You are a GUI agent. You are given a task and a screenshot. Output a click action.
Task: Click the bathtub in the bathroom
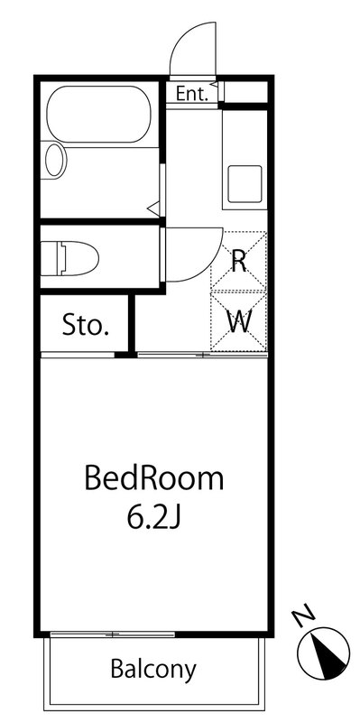[x=98, y=114]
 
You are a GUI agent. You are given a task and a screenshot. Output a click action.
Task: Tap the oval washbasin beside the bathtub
[x=55, y=160]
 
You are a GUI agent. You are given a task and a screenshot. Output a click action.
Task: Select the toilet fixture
[x=69, y=258]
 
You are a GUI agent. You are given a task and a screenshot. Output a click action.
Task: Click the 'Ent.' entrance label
[x=192, y=95]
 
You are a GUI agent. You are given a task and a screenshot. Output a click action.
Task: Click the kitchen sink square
[x=245, y=184]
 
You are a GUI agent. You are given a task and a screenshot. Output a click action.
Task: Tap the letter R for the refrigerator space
[x=238, y=263]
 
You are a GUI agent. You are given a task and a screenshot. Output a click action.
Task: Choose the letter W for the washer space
[x=239, y=322]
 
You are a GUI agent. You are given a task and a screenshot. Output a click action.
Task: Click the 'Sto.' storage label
[x=86, y=326]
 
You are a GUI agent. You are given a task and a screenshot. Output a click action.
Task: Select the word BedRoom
[x=154, y=479]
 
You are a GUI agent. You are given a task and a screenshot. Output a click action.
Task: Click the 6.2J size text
[x=154, y=519]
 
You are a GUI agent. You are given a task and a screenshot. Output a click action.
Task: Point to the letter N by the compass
[x=304, y=618]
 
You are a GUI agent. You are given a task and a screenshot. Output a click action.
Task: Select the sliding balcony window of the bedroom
[x=112, y=634]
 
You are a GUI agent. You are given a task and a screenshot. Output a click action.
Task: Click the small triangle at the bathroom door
[x=153, y=209]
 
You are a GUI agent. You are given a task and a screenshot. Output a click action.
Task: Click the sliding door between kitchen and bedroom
[x=203, y=355]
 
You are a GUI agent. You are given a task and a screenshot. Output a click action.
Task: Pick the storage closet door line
[x=78, y=355]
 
